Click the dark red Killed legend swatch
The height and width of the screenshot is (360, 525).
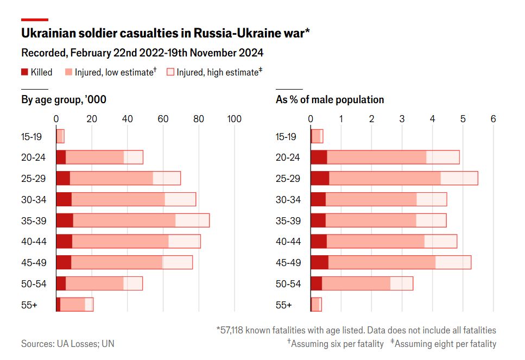[x=24, y=72]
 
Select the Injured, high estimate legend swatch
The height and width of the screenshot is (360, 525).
[x=170, y=72]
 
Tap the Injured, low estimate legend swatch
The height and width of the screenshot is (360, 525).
[x=68, y=72]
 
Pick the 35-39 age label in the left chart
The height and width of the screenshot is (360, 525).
[x=33, y=221]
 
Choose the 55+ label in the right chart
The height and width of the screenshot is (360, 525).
[x=284, y=305]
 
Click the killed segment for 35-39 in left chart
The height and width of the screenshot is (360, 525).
[x=65, y=220]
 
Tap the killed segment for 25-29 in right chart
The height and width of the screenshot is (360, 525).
[x=320, y=178]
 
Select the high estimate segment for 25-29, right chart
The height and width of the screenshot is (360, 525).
[x=459, y=178]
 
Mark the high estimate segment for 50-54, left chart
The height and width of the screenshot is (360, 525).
[x=133, y=283]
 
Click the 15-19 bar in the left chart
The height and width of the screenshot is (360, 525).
[x=60, y=136]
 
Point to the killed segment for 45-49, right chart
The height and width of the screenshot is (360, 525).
[x=319, y=262]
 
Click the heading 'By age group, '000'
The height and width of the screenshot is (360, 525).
[x=64, y=99]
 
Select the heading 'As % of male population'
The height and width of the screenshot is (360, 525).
[x=330, y=99]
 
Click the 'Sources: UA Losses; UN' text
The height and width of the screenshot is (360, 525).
[x=68, y=344]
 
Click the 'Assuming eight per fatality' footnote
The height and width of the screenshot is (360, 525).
[x=445, y=344]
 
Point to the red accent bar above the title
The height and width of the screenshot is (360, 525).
[x=35, y=20]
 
